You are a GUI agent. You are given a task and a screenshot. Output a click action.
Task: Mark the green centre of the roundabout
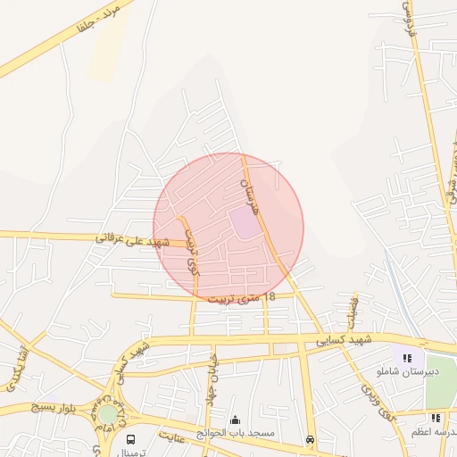[x=108, y=414]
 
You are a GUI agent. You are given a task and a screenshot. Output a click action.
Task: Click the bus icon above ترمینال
[x=131, y=439]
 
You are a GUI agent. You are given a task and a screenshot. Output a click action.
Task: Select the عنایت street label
[x=174, y=437]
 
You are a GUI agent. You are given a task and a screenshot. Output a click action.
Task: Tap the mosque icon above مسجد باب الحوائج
[x=235, y=420]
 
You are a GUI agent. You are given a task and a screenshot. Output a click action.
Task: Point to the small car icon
[x=310, y=439]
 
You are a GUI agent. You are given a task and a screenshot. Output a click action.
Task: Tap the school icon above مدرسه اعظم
[x=436, y=418]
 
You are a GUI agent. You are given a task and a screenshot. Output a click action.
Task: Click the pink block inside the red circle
[x=245, y=223]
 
